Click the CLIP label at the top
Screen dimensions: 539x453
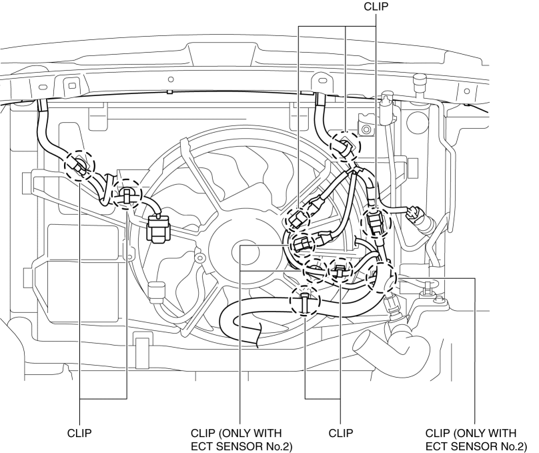(x=376, y=7)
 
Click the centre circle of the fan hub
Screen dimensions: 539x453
(x=245, y=253)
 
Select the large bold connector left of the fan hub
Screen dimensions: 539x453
(x=158, y=229)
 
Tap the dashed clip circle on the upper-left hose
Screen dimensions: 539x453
(x=79, y=165)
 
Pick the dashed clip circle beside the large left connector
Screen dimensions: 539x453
(x=127, y=193)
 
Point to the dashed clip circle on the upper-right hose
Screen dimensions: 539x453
(x=345, y=146)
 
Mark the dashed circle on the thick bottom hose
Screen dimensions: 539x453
(x=305, y=300)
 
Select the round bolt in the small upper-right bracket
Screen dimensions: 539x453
(x=366, y=129)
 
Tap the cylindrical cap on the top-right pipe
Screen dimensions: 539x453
(x=420, y=80)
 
